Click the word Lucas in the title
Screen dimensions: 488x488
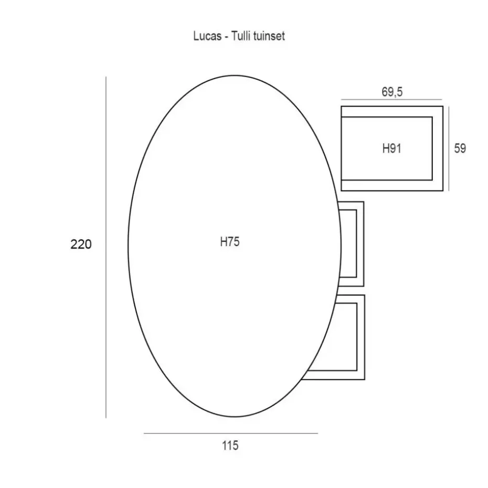tap(207, 36)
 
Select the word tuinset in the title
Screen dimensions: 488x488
tap(269, 36)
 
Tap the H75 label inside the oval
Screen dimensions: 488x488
tap(230, 242)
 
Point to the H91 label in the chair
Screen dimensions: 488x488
tap(392, 148)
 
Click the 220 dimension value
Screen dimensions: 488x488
tap(81, 245)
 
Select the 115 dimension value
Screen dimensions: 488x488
tap(230, 445)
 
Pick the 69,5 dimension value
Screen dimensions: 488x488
tap(392, 92)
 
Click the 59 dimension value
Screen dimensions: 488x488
tap(460, 148)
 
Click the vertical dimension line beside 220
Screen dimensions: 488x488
tap(106, 247)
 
